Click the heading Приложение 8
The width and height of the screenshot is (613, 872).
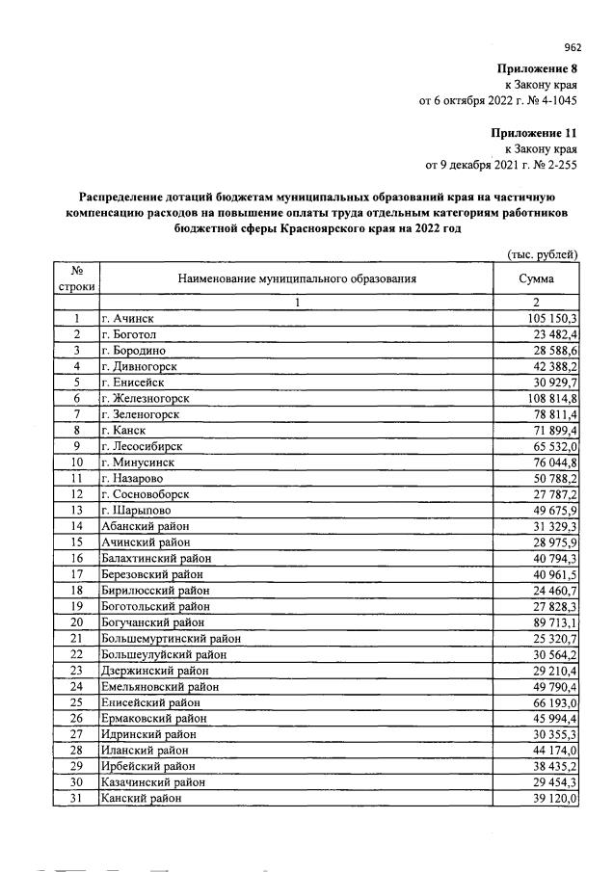[x=537, y=68]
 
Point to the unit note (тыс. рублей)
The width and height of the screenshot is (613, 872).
[x=542, y=255]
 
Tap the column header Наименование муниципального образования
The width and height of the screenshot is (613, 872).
[x=297, y=279]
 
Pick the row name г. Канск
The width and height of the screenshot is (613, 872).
[x=123, y=431]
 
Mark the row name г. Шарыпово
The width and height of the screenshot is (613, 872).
[x=134, y=510]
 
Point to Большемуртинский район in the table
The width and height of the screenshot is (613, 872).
[x=170, y=638]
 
